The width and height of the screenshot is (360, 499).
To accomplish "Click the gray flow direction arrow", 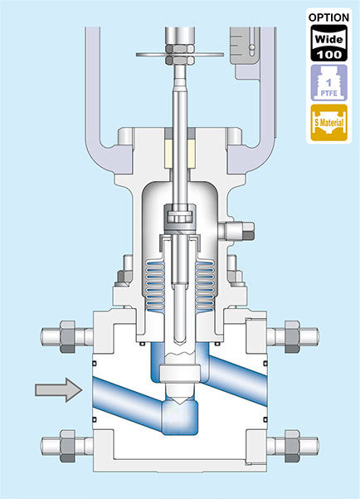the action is coord(59,390).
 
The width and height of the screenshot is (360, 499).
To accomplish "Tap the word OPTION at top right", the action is coord(328,17).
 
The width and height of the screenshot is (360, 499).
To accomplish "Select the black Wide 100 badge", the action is coord(328,43).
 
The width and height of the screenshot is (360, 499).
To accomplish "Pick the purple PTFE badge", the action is coord(328,83).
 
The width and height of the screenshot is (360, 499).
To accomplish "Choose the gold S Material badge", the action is coord(328,123).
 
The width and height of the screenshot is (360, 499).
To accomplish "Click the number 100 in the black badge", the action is coord(328,55).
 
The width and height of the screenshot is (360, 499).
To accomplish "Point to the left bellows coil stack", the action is coord(155,285).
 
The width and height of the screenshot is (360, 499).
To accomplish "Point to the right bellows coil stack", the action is coord(205,285).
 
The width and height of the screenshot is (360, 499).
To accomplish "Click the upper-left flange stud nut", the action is coord(67,337).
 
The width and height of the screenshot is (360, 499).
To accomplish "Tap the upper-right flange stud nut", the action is coord(292,337).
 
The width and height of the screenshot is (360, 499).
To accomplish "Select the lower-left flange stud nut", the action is coord(67,446).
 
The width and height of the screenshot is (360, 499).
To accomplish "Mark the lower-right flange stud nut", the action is coord(292,446).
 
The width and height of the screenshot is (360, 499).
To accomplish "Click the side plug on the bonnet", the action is coord(236,231).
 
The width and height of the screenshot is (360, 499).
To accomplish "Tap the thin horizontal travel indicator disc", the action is coord(180,55).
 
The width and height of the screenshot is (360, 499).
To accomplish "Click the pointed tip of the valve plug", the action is coord(180,404).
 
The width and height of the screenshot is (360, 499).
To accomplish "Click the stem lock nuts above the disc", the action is coord(180,55).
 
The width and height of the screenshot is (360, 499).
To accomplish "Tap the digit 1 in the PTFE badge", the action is coord(328,83).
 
